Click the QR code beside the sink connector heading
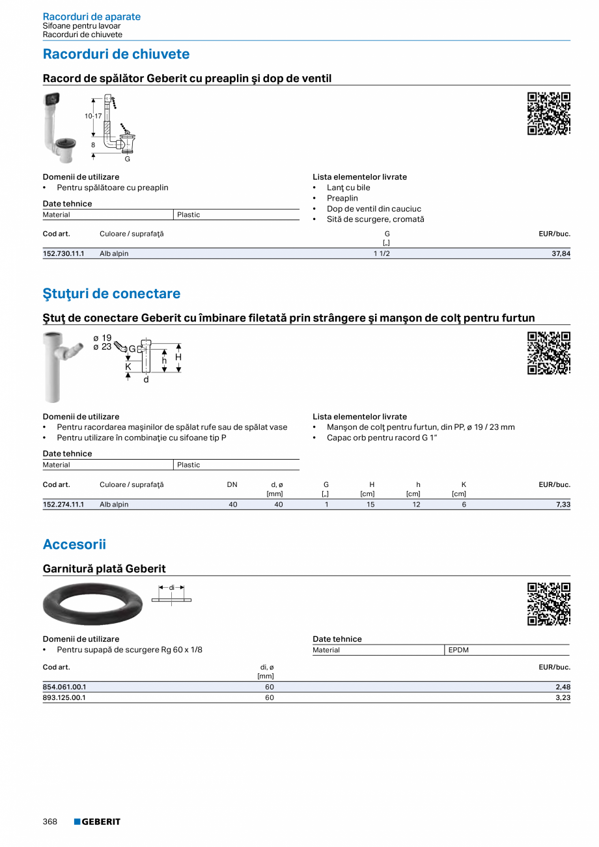[x=548, y=114]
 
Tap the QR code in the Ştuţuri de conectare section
[x=548, y=354]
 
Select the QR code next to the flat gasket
[x=548, y=604]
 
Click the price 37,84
[x=561, y=254]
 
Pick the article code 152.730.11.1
[x=64, y=254]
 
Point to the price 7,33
[x=563, y=505]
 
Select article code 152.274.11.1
[x=64, y=505]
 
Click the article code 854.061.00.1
[x=64, y=687]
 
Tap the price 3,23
[x=563, y=697]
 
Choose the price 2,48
[x=563, y=687]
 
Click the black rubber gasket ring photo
[x=92, y=604]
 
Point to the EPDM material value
[x=458, y=650]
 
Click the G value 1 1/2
[x=382, y=254]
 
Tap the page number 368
[x=50, y=822]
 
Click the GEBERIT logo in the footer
[x=97, y=822]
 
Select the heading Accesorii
[x=74, y=544]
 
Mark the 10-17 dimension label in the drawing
[x=93, y=116]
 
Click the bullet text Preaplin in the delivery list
[x=342, y=198]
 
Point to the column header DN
[x=232, y=484]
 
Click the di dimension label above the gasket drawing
[x=172, y=587]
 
